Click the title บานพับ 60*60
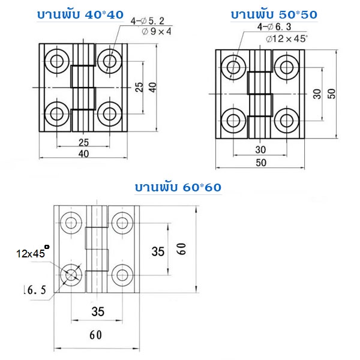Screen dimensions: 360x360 point(178,187)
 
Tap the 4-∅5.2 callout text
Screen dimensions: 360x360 point(148,23)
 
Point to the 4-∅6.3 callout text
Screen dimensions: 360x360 point(274,27)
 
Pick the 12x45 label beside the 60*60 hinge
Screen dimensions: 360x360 point(31,253)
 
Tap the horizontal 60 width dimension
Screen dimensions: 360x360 point(95,335)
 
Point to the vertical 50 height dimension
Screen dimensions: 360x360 point(332,93)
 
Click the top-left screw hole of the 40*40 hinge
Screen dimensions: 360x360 point(58,60)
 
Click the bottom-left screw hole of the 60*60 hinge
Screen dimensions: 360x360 point(72,275)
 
